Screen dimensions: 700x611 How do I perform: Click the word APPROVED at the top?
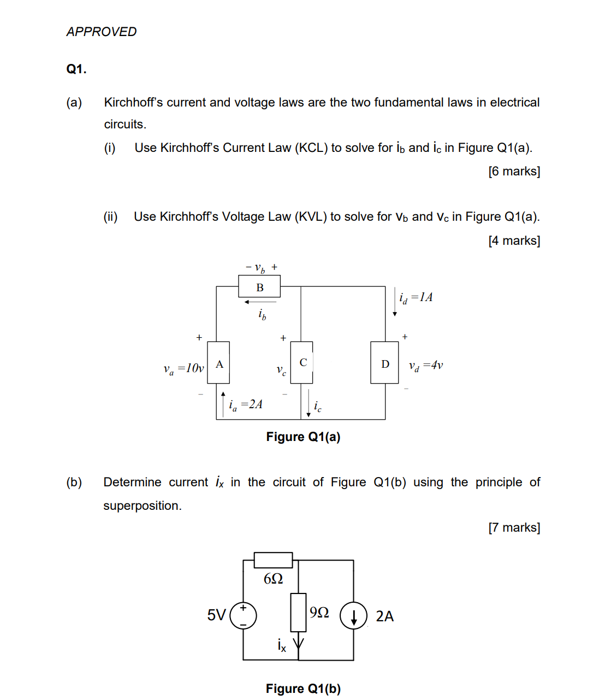[102, 32]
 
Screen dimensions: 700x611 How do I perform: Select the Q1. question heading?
[76, 69]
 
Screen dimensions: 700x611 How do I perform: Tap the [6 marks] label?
[514, 172]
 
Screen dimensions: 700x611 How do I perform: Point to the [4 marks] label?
[514, 240]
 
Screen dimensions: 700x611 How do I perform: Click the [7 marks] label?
[514, 527]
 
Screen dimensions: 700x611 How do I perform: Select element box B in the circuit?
[259, 287]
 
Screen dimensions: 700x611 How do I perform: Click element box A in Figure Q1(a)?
[219, 363]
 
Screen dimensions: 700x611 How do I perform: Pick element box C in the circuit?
[302, 362]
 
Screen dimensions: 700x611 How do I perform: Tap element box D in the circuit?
[384, 363]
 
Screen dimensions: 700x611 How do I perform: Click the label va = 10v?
[183, 368]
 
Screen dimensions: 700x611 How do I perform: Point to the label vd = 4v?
[426, 365]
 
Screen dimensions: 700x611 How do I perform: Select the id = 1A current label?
[416, 297]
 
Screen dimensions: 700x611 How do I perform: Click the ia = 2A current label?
[245, 404]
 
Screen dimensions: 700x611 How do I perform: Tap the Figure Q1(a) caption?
[303, 437]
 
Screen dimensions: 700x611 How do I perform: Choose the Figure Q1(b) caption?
[303, 689]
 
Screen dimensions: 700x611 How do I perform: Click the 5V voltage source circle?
[244, 615]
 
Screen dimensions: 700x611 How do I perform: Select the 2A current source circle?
[353, 616]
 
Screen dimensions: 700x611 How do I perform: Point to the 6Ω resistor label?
[273, 578]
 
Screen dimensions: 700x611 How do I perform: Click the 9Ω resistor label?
[319, 612]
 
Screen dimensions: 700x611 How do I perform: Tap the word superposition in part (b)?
[142, 506]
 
